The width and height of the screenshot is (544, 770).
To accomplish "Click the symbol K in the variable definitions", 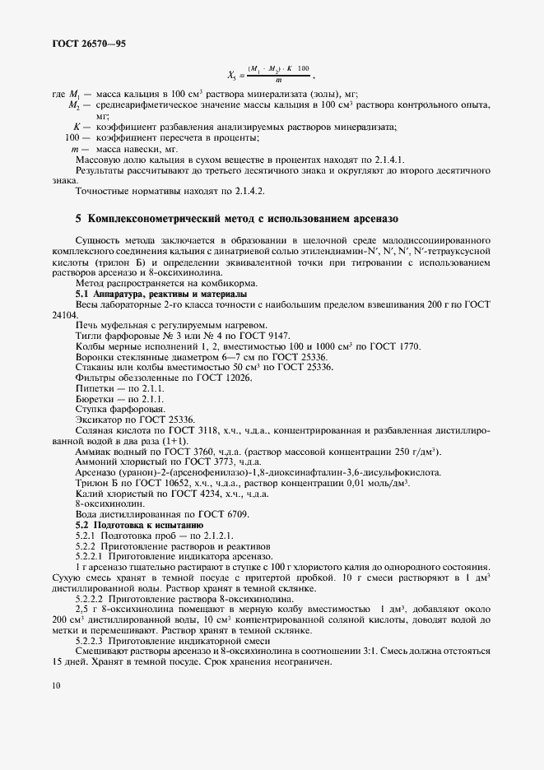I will click(76, 126).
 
